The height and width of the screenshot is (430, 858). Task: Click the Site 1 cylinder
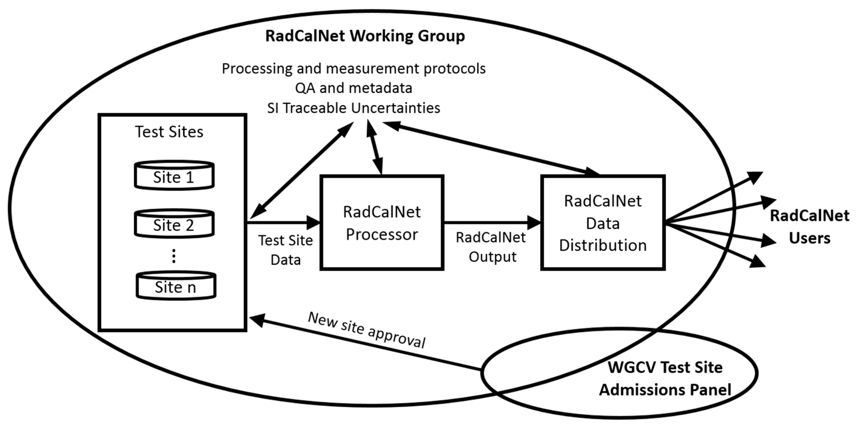tap(174, 176)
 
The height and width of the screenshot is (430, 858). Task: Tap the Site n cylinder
tap(176, 286)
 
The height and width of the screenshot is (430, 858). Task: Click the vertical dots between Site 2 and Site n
tap(174, 256)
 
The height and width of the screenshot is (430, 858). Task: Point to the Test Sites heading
tap(169, 132)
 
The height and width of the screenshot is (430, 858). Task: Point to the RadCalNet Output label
tap(491, 247)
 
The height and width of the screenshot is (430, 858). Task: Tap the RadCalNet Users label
tap(809, 227)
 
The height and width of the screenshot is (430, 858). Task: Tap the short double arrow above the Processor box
tap(374, 147)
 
